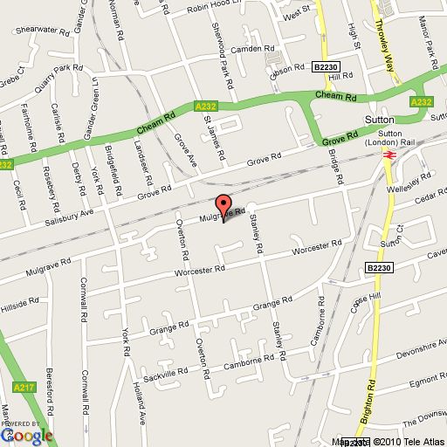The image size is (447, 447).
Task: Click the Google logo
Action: click(27, 434)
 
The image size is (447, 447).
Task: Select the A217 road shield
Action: click(23, 387)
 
